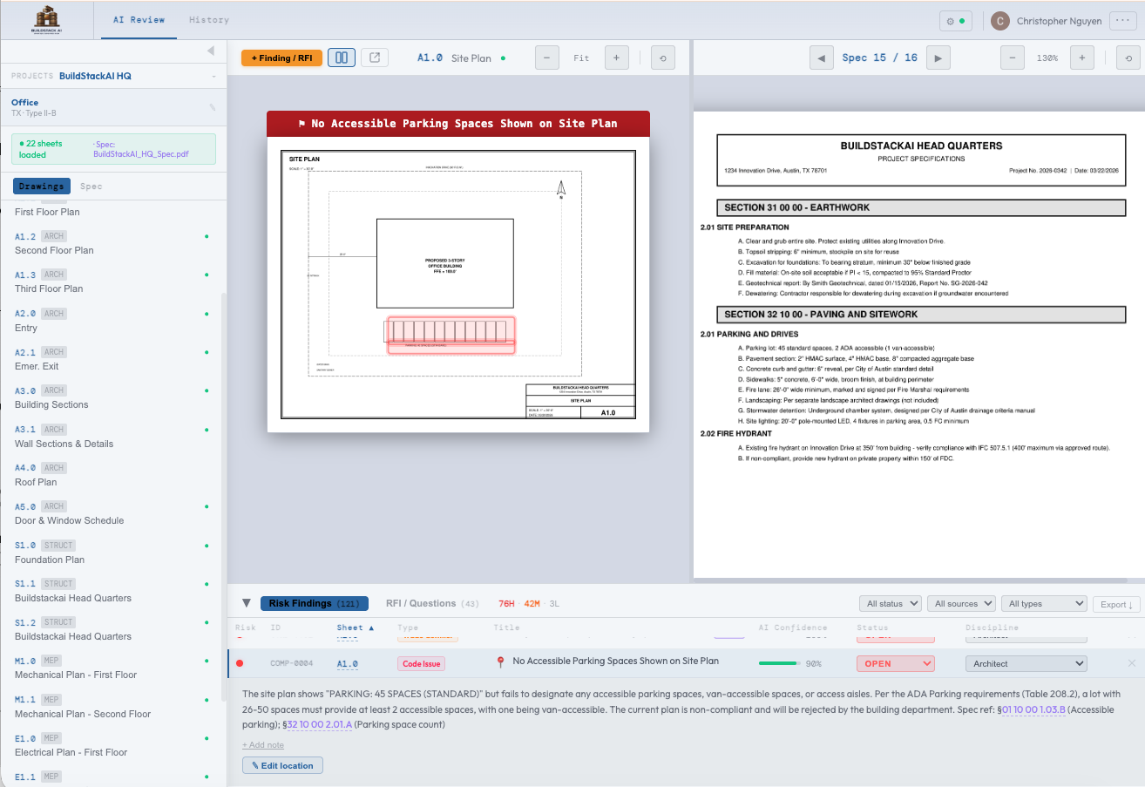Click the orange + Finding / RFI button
[281, 58]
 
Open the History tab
[208, 19]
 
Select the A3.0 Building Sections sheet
[51, 397]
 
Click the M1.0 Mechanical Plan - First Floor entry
[75, 668]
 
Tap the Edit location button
[282, 765]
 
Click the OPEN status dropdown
[896, 664]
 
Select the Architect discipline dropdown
[1026, 664]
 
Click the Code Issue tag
[421, 664]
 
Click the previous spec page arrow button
[821, 58]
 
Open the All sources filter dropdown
[962, 603]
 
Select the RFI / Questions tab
[422, 603]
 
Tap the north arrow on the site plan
[561, 188]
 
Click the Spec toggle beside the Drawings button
[91, 186]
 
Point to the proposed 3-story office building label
[444, 263]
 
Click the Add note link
[263, 745]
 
